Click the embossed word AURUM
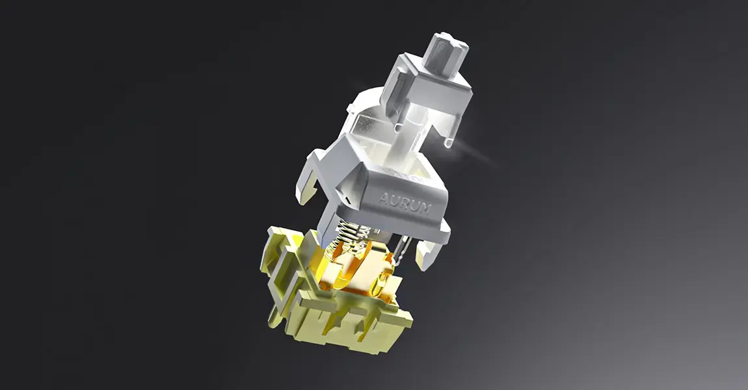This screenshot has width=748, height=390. (405, 202)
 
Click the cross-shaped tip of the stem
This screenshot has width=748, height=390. (447, 47)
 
